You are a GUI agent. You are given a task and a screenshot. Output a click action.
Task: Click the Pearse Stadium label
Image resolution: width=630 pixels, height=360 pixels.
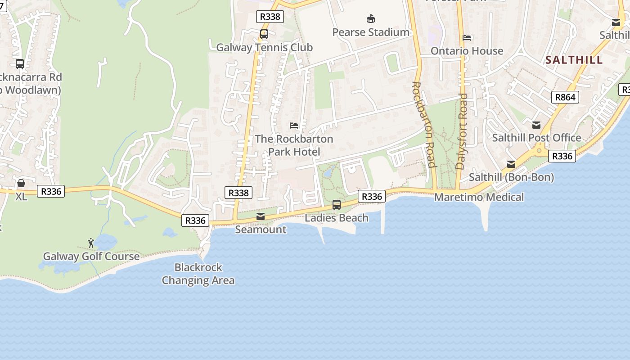coord(371,32)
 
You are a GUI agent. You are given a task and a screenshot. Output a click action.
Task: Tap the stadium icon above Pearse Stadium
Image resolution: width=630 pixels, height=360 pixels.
coord(371,19)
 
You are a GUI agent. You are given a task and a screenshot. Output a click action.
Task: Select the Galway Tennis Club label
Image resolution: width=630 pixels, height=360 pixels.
coord(264,47)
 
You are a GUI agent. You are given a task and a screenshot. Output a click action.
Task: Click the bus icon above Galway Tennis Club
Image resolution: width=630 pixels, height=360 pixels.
coord(264,34)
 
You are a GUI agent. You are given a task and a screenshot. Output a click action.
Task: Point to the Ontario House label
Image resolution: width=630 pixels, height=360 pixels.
coord(467,51)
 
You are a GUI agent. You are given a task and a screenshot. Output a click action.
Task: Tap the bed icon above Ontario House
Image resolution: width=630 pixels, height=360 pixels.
coord(467,38)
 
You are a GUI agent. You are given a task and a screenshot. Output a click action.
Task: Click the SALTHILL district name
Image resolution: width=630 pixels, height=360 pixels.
coord(574,60)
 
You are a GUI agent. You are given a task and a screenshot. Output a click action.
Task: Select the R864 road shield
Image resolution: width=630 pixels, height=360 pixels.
coord(565,97)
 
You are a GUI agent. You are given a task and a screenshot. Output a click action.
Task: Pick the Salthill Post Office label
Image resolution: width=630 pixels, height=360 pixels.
coord(536,138)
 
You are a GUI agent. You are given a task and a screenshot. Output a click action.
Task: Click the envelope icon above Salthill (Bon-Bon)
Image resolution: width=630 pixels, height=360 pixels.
coord(511,164)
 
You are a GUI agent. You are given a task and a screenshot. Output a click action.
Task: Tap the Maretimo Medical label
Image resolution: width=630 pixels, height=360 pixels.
coord(479,197)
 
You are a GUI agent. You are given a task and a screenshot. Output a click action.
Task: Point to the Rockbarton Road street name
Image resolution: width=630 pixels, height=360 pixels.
coord(423,125)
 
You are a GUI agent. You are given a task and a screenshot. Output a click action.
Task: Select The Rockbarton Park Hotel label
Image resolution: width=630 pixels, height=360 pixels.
coord(294,145)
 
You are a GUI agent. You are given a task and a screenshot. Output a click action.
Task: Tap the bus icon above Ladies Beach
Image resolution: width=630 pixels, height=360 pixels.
coord(337,205)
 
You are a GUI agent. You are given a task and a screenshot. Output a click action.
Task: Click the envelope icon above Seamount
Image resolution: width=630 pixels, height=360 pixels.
coord(261,216)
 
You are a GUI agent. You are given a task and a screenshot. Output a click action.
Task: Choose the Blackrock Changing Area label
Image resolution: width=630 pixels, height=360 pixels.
coord(198,274)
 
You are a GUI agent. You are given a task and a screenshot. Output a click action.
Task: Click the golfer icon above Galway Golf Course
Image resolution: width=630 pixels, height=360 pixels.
coord(91,243)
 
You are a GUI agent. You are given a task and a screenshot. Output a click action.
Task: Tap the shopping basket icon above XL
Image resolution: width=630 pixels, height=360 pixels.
coord(21,183)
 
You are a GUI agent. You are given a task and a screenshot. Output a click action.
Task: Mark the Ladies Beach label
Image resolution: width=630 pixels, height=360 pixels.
coord(337,218)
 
